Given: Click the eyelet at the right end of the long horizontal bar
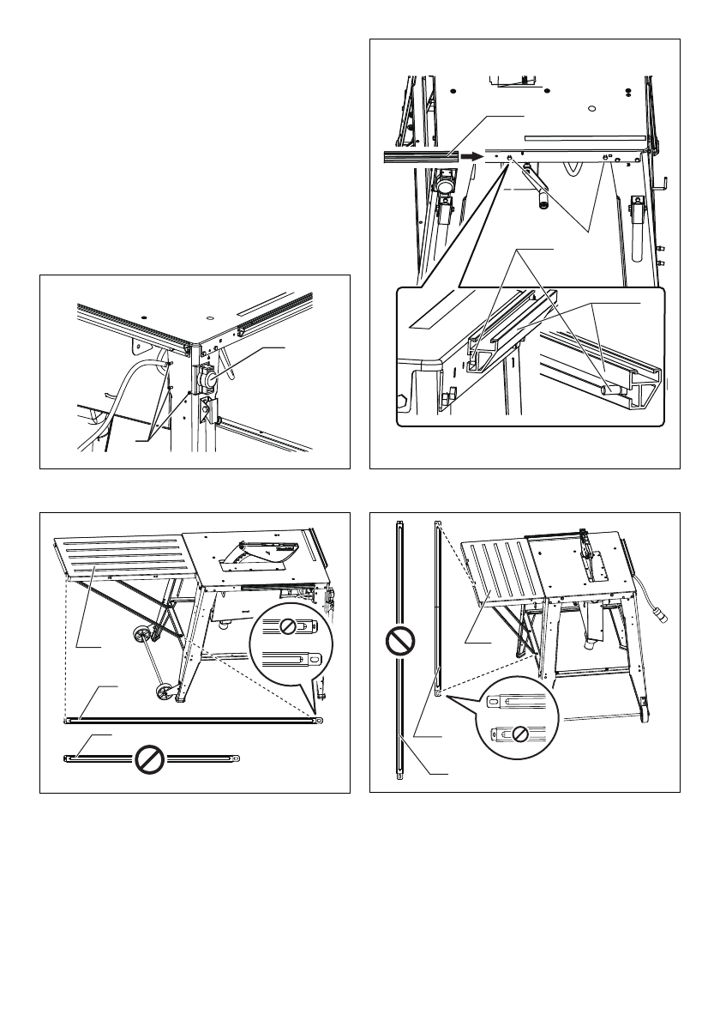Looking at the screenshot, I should click(318, 721).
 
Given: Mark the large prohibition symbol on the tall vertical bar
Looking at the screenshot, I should click(401, 641).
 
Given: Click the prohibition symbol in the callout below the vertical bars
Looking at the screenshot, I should click(520, 734).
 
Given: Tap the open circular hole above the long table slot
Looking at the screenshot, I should click(593, 109).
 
